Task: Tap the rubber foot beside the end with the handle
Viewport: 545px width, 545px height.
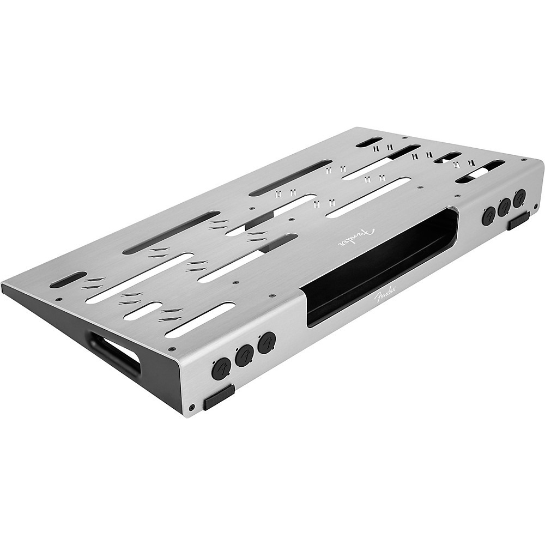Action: pyautogui.click(x=219, y=397)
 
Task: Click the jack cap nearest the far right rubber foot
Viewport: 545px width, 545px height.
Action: pyautogui.click(x=519, y=198)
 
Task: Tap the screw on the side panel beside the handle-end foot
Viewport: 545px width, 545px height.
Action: pyautogui.click(x=192, y=407)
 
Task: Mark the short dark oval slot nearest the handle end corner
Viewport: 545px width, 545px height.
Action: pyautogui.click(x=68, y=279)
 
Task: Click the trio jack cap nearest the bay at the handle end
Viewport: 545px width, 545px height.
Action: pyautogui.click(x=267, y=343)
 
